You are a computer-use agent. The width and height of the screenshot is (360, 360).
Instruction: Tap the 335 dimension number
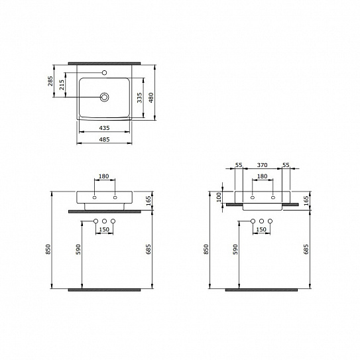140,97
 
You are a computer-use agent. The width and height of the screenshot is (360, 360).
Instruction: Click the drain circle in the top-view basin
105,97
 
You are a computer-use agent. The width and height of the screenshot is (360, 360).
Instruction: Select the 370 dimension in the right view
262,164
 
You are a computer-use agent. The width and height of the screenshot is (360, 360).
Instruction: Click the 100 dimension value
219,198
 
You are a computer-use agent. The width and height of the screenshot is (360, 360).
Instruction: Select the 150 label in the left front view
104,229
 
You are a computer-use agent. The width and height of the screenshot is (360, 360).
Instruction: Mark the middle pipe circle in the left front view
104,220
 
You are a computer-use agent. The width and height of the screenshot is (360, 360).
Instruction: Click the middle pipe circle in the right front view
262,220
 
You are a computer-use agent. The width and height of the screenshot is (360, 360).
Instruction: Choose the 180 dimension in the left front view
104,177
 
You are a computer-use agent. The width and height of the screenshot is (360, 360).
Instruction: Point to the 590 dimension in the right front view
235,249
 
